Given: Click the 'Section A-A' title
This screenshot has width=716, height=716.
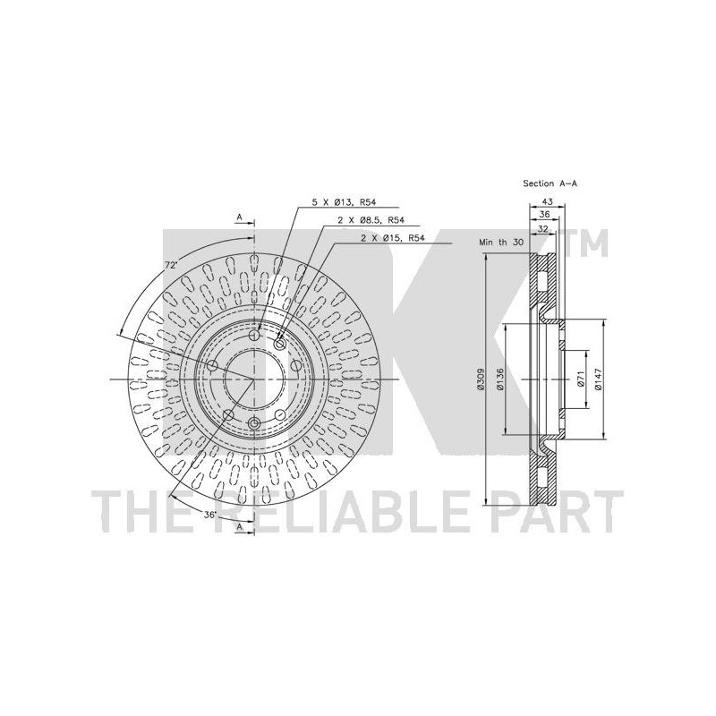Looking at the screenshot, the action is [x=550, y=183].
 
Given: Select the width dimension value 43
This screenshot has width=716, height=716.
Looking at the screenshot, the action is [x=547, y=201].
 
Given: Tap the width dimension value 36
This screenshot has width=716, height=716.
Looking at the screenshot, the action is [x=544, y=214].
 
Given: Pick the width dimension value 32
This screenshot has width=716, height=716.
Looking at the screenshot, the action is [x=542, y=229].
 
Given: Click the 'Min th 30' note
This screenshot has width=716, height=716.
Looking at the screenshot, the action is [x=501, y=243].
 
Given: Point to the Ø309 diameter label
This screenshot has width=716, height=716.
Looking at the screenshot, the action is [x=480, y=379].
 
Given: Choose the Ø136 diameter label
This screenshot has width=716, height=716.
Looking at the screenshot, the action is [x=500, y=379].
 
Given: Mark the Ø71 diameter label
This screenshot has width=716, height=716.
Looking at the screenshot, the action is [x=580, y=379].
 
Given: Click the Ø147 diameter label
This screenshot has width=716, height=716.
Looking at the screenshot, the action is [x=599, y=379].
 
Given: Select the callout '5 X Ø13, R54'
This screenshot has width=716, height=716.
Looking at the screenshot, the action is [x=341, y=202].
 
